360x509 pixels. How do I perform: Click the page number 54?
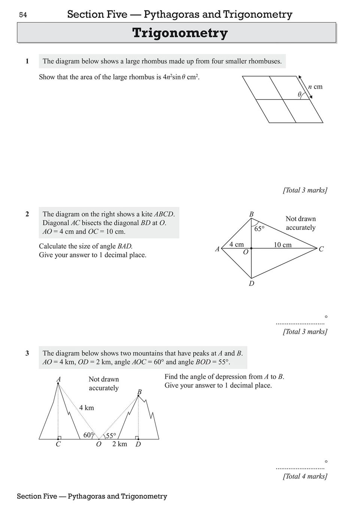click(23, 15)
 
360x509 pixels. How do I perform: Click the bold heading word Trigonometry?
click(180, 33)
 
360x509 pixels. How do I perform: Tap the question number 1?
click(27, 61)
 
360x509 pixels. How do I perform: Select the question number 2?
click(27, 214)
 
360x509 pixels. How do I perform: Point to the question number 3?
click(27, 353)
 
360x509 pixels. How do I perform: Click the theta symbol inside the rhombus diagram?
click(299, 95)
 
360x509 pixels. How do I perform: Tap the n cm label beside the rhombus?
click(315, 87)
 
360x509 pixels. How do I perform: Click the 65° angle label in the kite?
click(259, 228)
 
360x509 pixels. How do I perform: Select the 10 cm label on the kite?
click(282, 245)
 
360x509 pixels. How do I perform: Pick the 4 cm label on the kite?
click(236, 244)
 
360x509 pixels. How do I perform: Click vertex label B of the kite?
click(251, 214)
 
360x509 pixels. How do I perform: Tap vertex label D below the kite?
click(251, 284)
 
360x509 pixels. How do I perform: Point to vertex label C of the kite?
click(321, 249)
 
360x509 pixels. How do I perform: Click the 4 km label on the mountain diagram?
click(87, 408)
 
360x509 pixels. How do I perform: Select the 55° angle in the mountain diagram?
click(111, 436)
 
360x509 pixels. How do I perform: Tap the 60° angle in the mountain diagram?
click(89, 435)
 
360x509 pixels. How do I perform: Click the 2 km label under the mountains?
click(120, 444)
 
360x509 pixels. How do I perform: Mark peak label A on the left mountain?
click(58, 380)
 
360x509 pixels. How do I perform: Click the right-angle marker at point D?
click(137, 438)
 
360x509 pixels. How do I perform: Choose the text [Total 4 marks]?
click(305, 476)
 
